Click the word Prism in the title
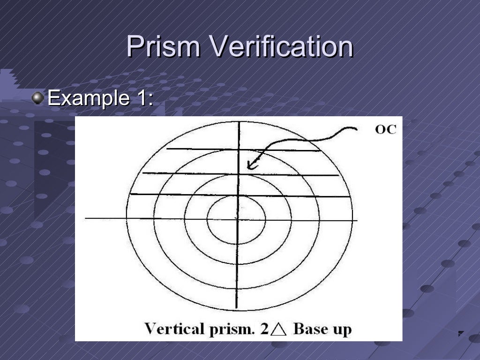click(163, 47)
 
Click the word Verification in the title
click(281, 47)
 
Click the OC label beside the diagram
click(385, 129)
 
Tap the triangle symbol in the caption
click(279, 330)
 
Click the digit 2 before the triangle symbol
click(265, 329)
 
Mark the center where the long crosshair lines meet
click(238, 219)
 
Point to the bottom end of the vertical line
click(237, 308)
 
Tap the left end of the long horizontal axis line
click(86, 218)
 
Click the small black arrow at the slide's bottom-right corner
click(460, 334)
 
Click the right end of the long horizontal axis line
click(357, 220)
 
